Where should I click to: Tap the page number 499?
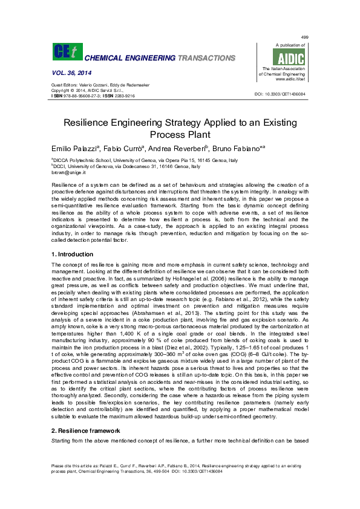click(x=304, y=37)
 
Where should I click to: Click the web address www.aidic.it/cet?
click(x=289, y=79)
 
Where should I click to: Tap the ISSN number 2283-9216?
click(x=123, y=96)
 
